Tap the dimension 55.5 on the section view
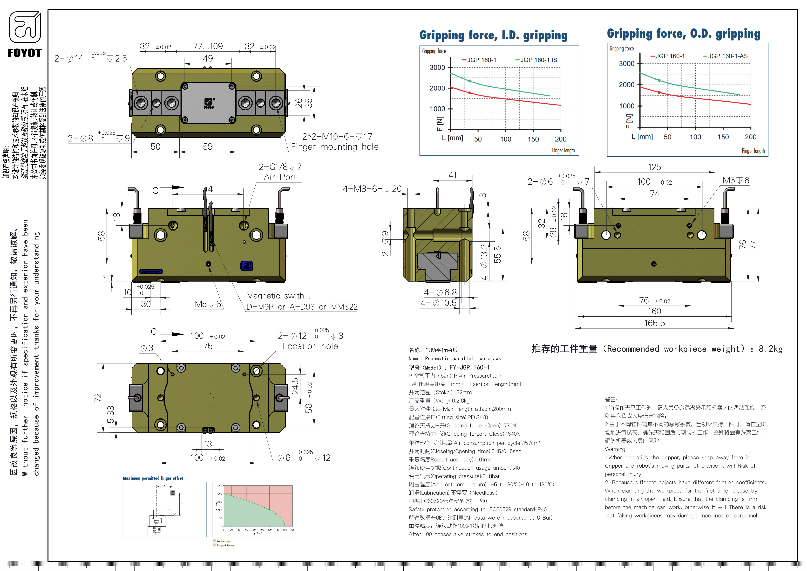(x=498, y=255)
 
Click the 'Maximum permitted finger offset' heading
(x=153, y=478)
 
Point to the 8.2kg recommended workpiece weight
(x=770, y=349)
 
